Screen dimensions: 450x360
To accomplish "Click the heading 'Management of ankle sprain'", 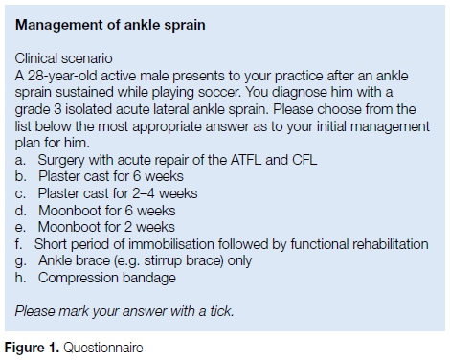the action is [110, 25].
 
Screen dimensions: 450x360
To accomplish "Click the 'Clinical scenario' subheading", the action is [63, 58].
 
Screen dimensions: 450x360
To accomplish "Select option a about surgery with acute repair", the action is [166, 160].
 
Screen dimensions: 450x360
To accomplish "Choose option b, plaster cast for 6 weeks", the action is [100, 176].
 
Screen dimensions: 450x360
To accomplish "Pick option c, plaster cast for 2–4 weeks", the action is [106, 193].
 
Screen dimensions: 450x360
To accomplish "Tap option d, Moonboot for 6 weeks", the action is [95, 211].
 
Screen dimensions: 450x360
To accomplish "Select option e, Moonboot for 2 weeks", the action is [95, 227].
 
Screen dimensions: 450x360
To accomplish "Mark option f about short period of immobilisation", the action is [221, 244].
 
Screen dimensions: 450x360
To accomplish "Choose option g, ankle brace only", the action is [133, 261].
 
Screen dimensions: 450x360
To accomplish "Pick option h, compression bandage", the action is [96, 278].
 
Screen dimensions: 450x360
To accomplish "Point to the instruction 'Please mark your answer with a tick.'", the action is [124, 311].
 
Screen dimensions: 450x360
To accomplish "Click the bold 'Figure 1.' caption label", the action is [32, 348].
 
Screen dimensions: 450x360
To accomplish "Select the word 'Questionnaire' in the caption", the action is [103, 348].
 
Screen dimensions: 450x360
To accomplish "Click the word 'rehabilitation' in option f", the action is [391, 244].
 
